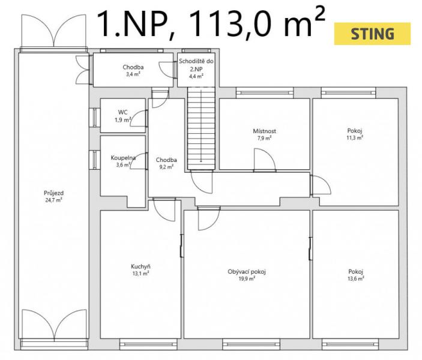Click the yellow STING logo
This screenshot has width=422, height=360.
pos(372,34)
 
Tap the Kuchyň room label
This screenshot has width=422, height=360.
pos(140,266)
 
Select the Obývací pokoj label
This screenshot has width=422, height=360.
pos(247,272)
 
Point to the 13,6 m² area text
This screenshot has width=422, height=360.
pos(356,278)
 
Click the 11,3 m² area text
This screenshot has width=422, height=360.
pos(355,138)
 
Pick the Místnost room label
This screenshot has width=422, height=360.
pos(264,131)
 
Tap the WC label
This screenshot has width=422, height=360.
pos(122,112)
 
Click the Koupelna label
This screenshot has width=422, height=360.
pos(123,158)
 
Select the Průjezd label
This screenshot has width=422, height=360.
pos(53,193)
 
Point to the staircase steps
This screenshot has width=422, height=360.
pos(201,128)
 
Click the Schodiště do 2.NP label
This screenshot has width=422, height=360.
pos(196,65)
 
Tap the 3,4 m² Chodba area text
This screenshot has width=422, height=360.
pos(133,74)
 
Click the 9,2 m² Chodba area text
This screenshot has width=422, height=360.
pos(166,167)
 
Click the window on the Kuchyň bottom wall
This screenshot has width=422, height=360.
pos(148,344)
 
